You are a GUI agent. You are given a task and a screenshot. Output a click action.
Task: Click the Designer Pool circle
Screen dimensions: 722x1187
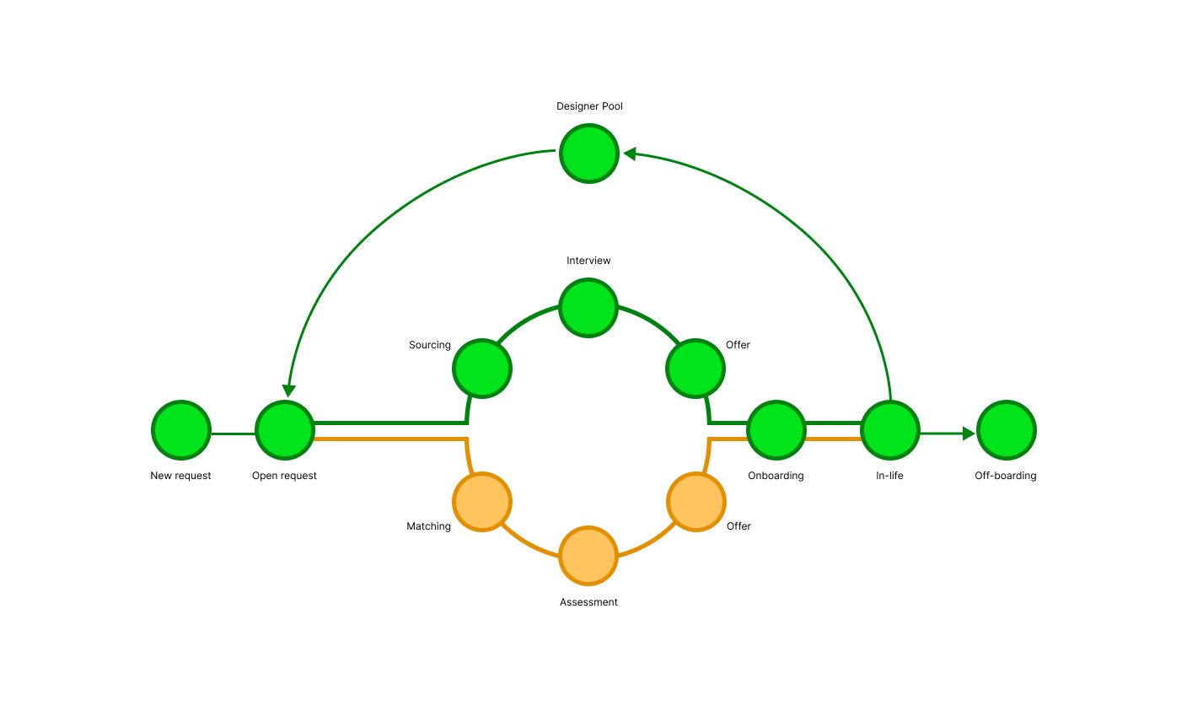coord(589,154)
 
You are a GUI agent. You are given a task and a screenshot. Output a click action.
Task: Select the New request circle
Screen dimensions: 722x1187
coord(181,430)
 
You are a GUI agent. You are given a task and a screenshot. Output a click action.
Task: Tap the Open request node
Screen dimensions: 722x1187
coord(285,430)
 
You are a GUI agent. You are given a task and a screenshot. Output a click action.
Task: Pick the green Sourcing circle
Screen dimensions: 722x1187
coord(482,369)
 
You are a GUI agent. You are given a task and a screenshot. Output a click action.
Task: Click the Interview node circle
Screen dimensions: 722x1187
coord(588,308)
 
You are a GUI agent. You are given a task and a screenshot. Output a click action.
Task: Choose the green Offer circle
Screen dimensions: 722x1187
coord(696,369)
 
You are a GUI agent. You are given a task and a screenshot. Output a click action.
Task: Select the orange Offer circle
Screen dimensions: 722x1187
coord(696,502)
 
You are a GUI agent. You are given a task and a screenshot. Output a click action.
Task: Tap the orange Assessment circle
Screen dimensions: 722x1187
coord(588,556)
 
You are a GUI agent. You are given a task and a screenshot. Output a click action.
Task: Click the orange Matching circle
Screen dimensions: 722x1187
coord(482,502)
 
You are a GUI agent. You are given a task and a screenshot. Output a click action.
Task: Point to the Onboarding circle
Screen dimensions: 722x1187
coord(776,430)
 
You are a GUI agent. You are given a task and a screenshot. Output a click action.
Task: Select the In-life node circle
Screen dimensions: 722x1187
coord(890,430)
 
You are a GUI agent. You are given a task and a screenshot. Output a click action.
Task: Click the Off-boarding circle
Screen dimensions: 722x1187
coord(1007,430)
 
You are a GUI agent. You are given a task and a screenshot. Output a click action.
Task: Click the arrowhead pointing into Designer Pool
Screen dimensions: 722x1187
coord(629,154)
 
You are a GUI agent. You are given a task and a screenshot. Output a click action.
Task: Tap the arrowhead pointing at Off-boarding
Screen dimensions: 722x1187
coord(969,434)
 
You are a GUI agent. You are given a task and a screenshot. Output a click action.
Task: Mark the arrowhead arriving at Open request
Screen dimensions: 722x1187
coord(289,391)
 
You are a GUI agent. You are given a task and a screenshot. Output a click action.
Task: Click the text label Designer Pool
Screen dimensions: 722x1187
coord(589,106)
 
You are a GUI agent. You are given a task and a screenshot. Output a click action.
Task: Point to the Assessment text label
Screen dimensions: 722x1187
coord(588,602)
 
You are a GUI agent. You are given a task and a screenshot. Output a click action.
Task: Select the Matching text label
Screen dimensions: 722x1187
coord(428,526)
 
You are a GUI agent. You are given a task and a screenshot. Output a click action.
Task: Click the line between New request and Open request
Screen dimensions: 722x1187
coord(234,434)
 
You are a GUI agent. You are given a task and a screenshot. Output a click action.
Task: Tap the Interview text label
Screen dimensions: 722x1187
coord(588,261)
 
